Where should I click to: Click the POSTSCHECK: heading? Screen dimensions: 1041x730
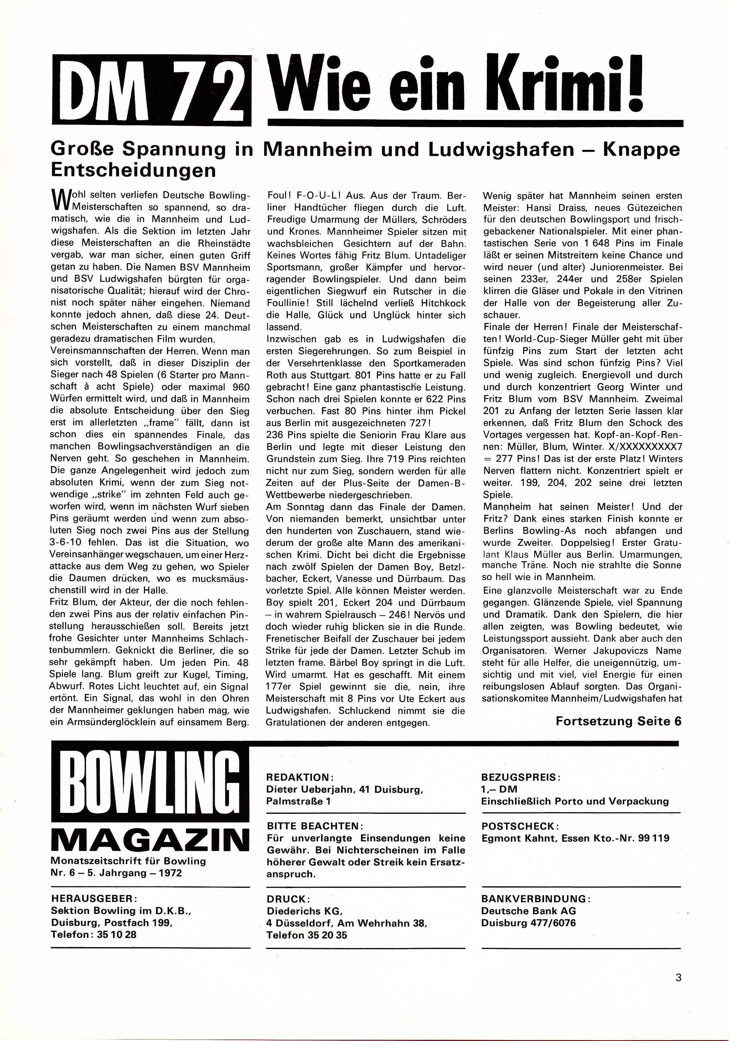click(518, 826)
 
